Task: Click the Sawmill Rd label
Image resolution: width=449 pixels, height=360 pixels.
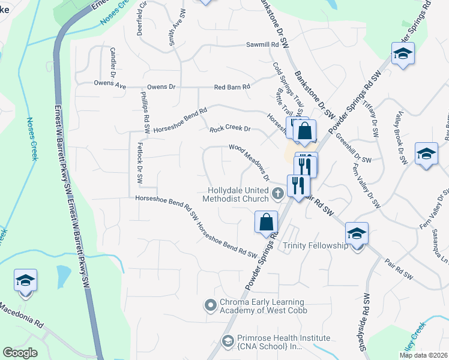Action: click(262, 45)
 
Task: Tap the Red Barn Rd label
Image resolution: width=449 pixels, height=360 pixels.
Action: click(232, 88)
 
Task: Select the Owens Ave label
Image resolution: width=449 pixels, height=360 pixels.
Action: click(110, 85)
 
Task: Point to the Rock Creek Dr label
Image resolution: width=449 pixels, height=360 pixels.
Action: click(229, 129)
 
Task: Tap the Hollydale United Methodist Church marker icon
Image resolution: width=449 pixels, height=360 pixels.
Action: click(277, 193)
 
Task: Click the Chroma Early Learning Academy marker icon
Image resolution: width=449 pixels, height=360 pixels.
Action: click(210, 305)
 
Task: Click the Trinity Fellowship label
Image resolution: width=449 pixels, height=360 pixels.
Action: click(315, 246)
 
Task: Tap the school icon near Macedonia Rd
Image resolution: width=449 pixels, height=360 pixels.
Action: click(25, 281)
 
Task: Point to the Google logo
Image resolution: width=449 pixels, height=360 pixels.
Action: click(20, 352)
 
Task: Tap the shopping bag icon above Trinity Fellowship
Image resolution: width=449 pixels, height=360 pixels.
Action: click(266, 222)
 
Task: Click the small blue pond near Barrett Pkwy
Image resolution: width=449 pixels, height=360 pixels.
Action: click(63, 275)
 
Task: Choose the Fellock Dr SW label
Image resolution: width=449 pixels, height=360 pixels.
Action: click(139, 167)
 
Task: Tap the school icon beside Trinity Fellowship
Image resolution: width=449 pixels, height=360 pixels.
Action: click(357, 233)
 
